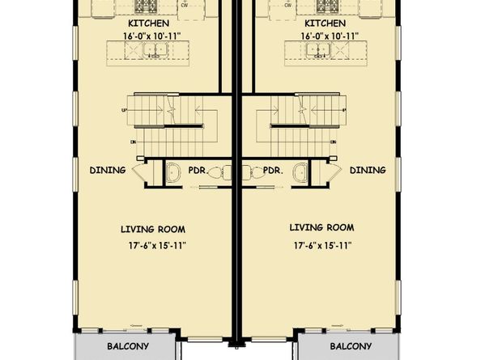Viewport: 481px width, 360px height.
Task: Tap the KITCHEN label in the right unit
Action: click(x=326, y=23)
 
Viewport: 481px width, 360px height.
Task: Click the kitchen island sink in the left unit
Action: click(x=151, y=51)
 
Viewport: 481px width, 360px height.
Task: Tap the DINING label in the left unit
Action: click(x=108, y=170)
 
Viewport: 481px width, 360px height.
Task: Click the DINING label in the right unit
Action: click(x=368, y=170)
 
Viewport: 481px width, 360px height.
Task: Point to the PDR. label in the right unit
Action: click(x=271, y=172)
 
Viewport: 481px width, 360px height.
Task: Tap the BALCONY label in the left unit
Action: click(x=127, y=346)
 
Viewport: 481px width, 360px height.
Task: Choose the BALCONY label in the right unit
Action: click(x=350, y=346)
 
